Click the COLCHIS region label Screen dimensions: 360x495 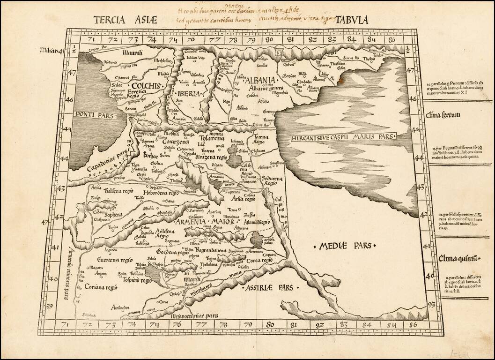146,86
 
